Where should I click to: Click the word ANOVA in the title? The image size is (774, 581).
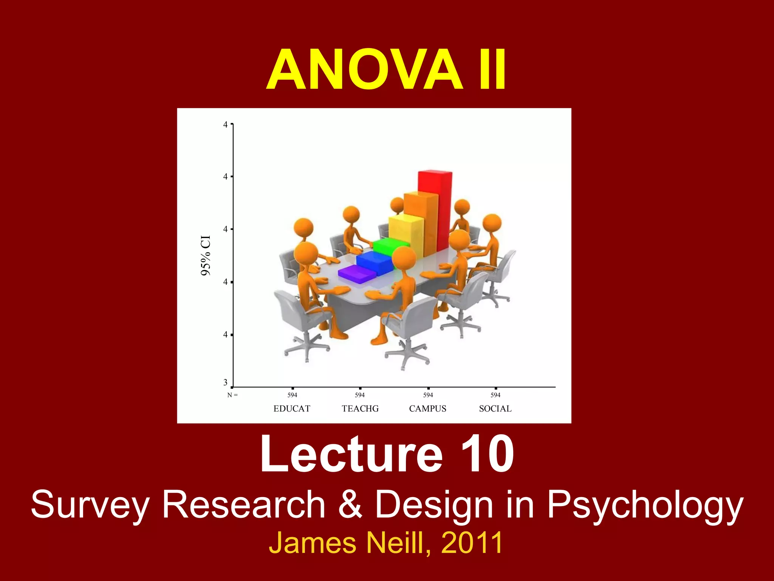[365, 70]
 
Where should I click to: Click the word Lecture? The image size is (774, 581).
[351, 454]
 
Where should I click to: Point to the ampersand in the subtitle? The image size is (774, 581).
[350, 505]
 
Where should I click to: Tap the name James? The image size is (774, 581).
[312, 543]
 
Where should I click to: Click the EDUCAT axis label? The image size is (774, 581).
[292, 409]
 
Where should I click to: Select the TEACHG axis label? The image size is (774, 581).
[360, 409]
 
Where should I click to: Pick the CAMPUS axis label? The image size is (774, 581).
[428, 409]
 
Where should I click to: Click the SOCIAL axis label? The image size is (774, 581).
[495, 409]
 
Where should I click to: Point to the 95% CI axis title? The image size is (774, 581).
[206, 255]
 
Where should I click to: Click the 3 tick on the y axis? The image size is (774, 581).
[226, 382]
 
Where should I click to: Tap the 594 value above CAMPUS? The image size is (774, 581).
[428, 395]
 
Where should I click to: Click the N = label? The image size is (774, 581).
[232, 395]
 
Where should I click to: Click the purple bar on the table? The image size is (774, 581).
[355, 275]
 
